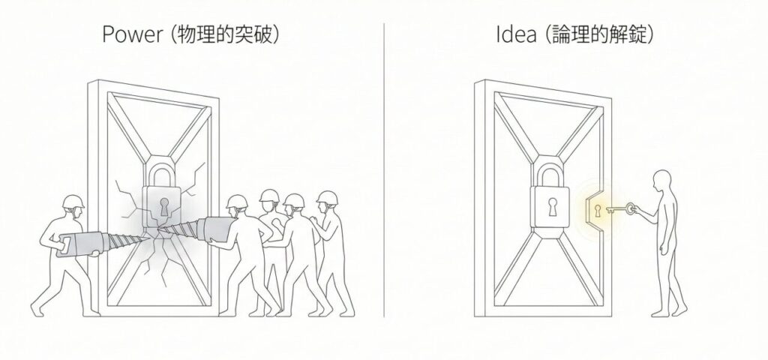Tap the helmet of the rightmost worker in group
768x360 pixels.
click(x=325, y=196)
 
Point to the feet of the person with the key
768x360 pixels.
click(x=667, y=311)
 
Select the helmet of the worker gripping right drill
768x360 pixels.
click(x=237, y=201)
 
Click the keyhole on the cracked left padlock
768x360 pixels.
click(x=164, y=206)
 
